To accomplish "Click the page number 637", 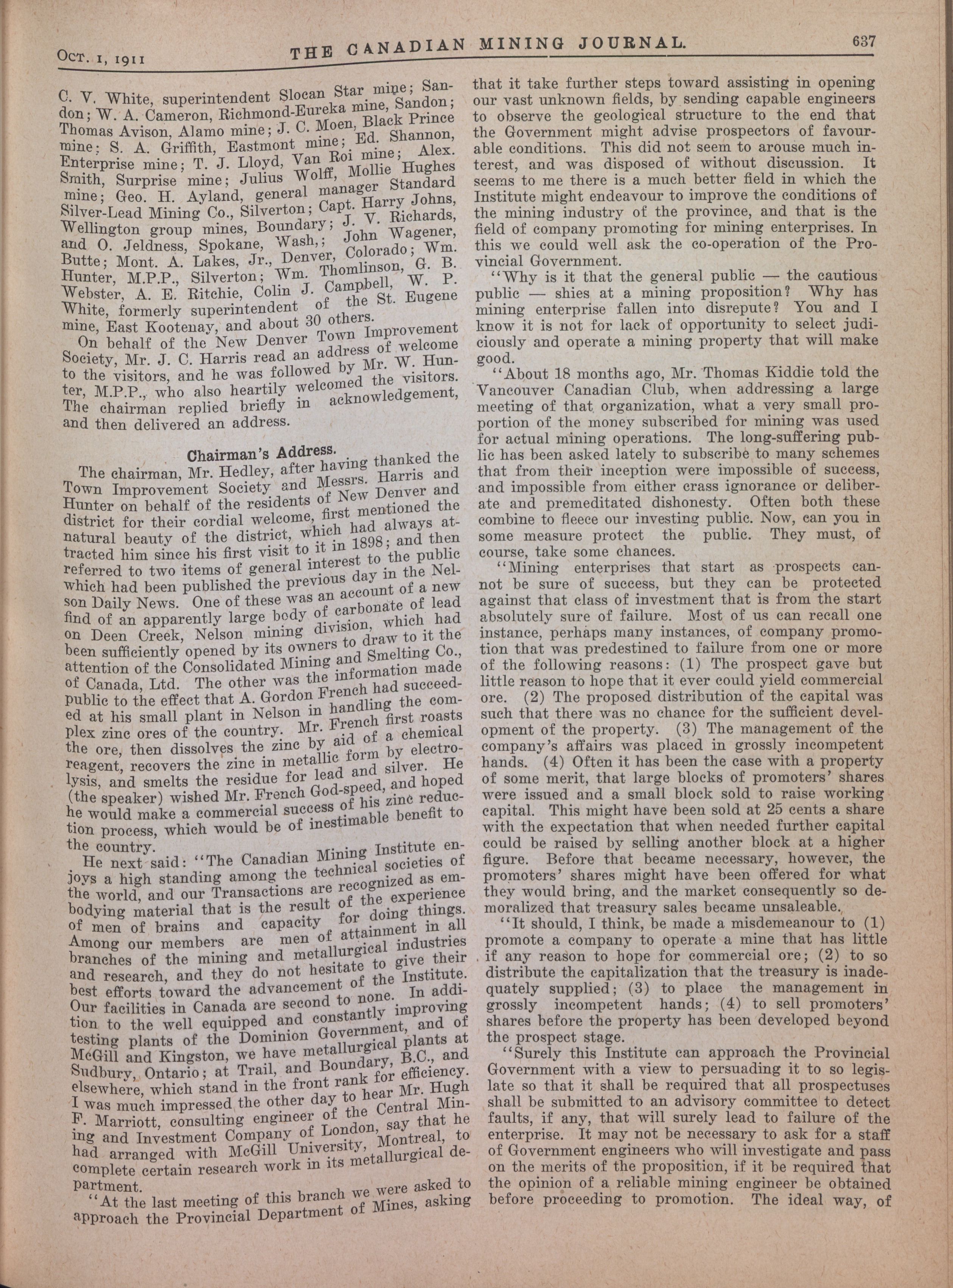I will pyautogui.click(x=862, y=42).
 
